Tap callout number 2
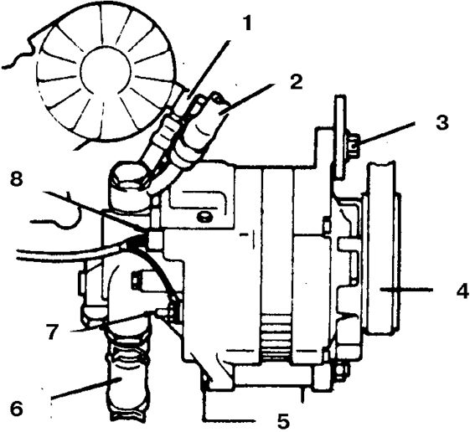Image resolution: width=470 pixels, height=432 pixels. [296, 82]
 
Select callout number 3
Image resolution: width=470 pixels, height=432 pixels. [442, 122]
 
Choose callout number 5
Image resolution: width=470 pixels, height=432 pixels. [283, 421]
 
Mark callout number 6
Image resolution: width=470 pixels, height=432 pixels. [17, 409]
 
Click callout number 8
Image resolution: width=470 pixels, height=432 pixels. [17, 180]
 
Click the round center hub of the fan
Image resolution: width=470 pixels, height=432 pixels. [106, 70]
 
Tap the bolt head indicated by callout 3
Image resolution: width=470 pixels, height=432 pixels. [354, 146]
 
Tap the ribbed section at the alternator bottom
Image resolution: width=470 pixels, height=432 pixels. [276, 337]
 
